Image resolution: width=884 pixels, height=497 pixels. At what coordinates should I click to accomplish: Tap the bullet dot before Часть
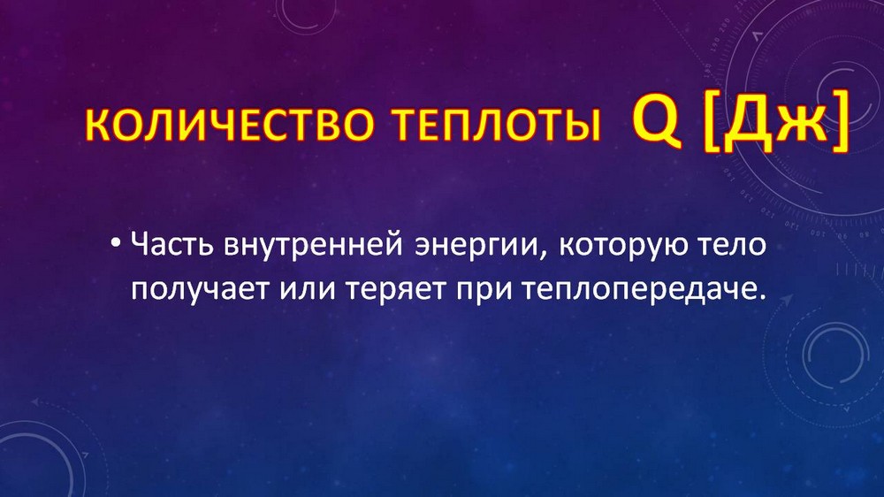pos(116,244)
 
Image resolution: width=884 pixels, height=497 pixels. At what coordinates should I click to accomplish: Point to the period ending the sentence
pos(763,297)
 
